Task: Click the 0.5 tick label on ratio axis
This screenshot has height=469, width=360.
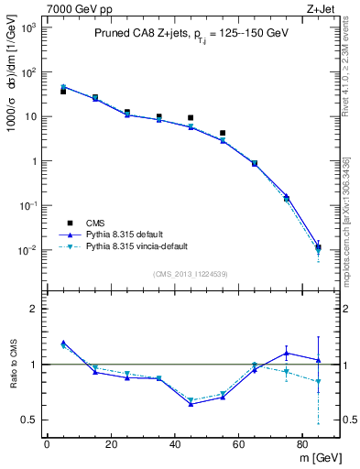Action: coord(28,420)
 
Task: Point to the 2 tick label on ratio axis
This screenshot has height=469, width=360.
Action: coord(33,310)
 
